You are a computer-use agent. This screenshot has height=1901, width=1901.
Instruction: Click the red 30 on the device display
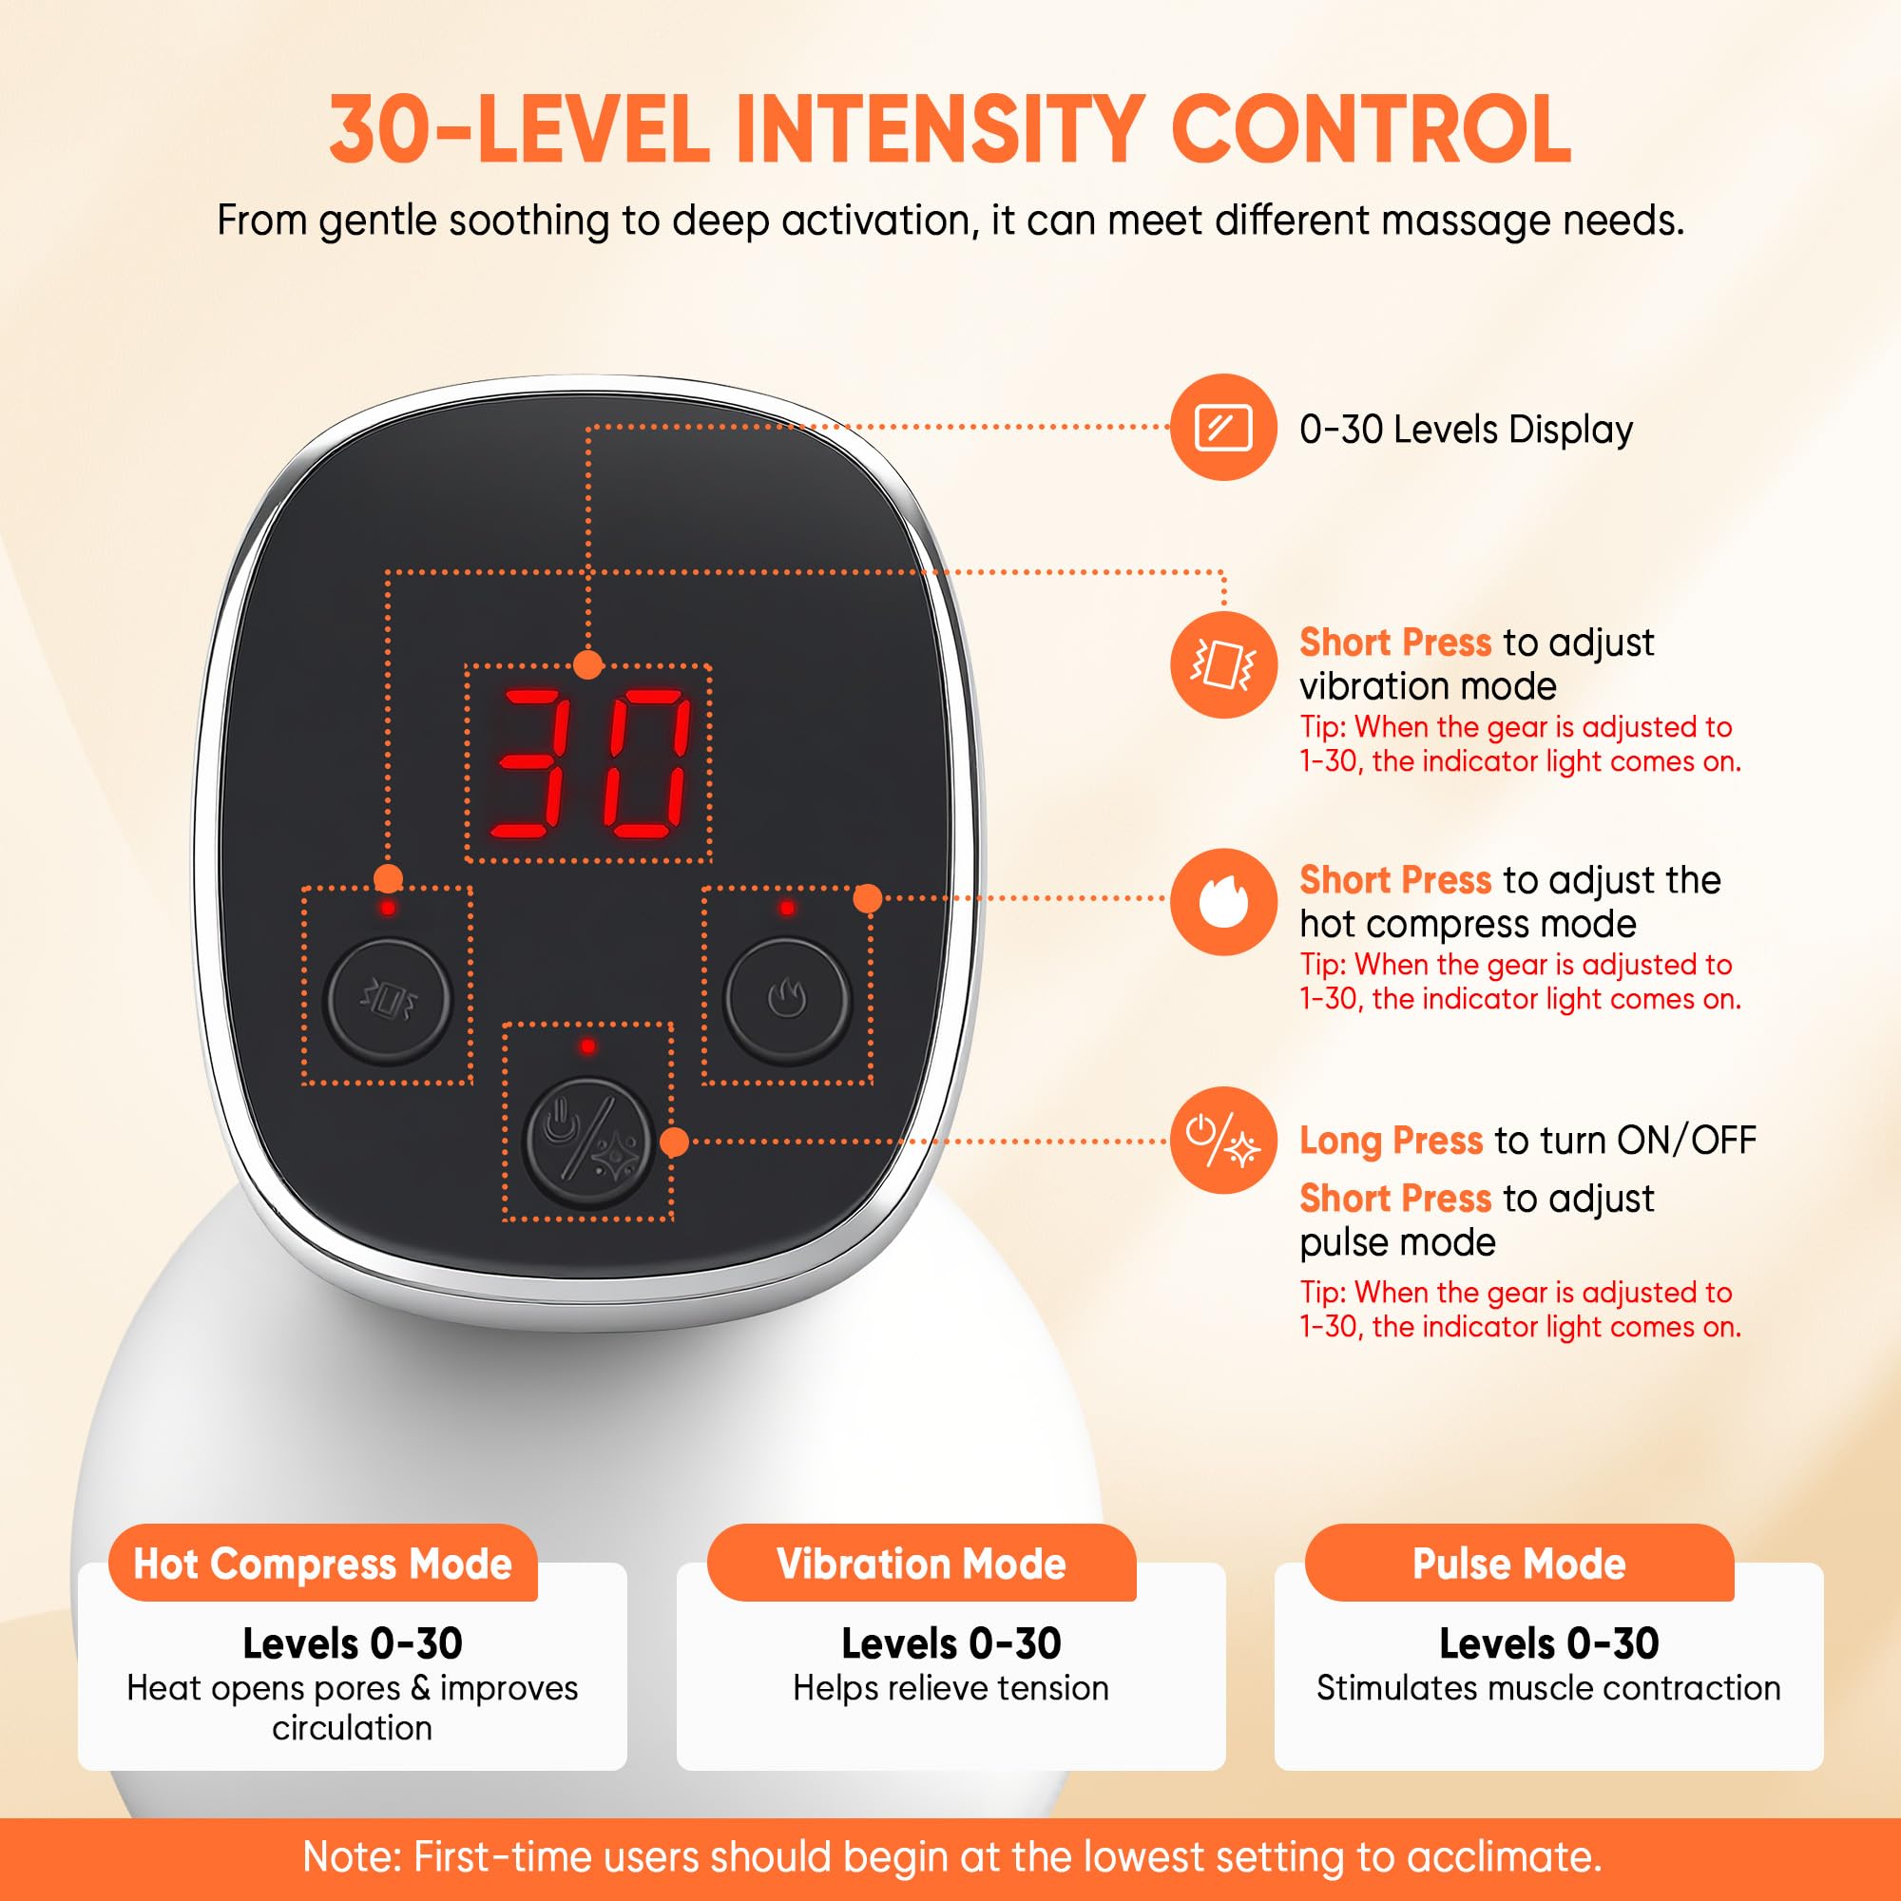click(x=589, y=763)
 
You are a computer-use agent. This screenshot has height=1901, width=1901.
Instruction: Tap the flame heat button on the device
click(x=787, y=999)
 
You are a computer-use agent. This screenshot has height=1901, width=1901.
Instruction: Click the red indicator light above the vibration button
click(x=388, y=907)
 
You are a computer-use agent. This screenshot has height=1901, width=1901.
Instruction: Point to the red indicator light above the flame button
click(x=787, y=907)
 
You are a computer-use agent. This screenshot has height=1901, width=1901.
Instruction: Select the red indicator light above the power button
click(x=587, y=1046)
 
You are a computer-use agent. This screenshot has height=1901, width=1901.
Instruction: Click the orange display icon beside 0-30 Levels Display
click(x=1224, y=428)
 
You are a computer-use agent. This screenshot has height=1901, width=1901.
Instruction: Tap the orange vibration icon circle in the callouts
click(x=1224, y=665)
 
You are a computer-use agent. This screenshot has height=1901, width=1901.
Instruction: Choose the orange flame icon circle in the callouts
click(x=1224, y=902)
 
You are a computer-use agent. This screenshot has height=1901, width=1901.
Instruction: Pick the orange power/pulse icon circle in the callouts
click(x=1224, y=1141)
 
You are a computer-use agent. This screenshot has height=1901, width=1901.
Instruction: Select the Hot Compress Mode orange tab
click(x=323, y=1564)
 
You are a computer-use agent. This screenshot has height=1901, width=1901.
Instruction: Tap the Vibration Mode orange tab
click(x=921, y=1564)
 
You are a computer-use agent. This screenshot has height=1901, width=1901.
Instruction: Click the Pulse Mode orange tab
click(x=1519, y=1564)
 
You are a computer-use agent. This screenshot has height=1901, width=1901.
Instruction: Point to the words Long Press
click(x=1391, y=1141)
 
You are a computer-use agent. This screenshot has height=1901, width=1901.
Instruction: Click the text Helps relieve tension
click(x=950, y=1687)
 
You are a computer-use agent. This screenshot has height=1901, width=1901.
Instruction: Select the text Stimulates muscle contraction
click(x=1548, y=1687)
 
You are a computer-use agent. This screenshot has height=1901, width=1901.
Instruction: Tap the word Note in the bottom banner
click(x=349, y=1856)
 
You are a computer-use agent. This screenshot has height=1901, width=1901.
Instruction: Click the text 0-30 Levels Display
click(x=1466, y=430)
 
